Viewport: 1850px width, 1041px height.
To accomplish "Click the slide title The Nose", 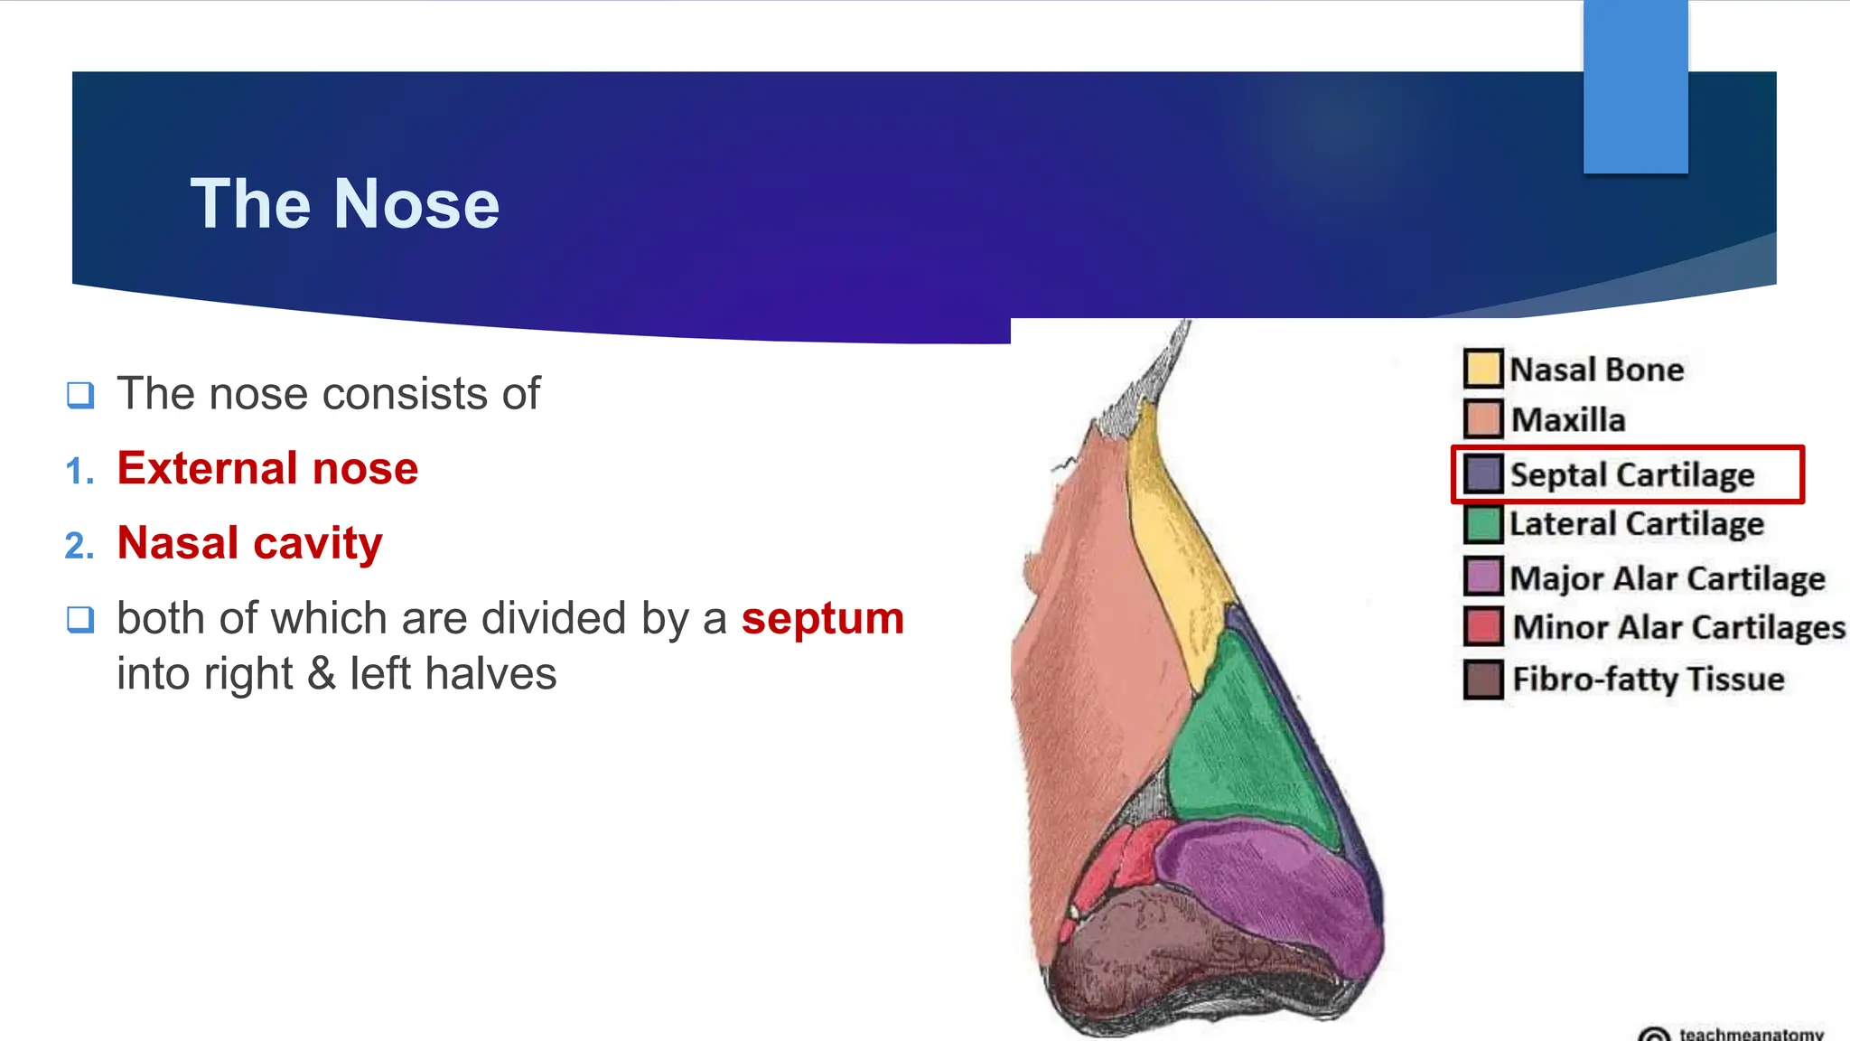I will pyautogui.click(x=344, y=204).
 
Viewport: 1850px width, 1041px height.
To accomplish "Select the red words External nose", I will pyautogui.click(x=267, y=468).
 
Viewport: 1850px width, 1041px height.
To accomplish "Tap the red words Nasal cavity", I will pyautogui.click(x=249, y=543).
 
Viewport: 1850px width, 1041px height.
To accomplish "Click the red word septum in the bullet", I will pyautogui.click(x=822, y=619).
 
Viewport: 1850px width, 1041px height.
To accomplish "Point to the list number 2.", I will pyautogui.click(x=79, y=546).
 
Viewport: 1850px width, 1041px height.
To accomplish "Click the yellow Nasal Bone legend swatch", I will pyautogui.click(x=1482, y=369).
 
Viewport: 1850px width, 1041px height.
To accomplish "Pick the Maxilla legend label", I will pyautogui.click(x=1567, y=419).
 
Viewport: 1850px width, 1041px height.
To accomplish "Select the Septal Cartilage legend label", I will pyautogui.click(x=1631, y=474).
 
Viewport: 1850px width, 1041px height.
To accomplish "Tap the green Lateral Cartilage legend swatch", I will pyautogui.click(x=1482, y=524).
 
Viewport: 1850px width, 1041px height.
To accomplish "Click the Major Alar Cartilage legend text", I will pyautogui.click(x=1667, y=577).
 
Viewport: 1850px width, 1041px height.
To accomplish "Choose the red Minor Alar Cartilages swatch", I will pyautogui.click(x=1482, y=626).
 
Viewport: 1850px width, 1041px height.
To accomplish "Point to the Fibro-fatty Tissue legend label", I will pyautogui.click(x=1648, y=679).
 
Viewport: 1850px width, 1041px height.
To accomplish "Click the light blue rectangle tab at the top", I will pyautogui.click(x=1635, y=86).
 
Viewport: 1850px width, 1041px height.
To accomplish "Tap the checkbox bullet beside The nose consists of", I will pyautogui.click(x=80, y=395).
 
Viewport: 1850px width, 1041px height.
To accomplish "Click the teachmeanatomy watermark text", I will pyautogui.click(x=1750, y=1033).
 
